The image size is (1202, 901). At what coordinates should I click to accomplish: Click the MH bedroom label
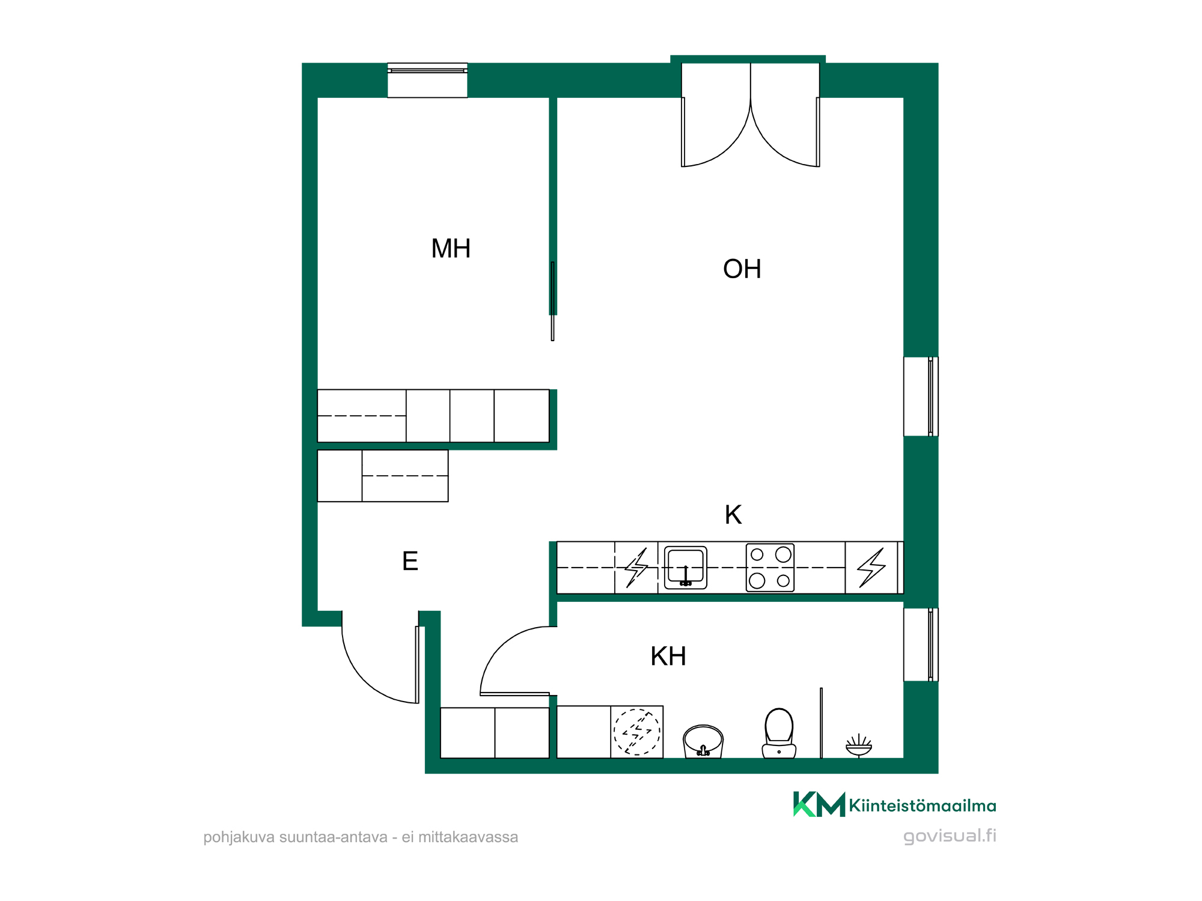451,249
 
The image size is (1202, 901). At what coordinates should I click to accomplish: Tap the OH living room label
742,269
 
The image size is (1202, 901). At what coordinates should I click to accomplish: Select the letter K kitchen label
733,515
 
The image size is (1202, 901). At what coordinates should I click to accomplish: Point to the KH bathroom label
668,657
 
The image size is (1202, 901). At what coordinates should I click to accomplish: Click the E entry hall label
410,562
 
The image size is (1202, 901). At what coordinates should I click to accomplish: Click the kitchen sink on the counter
686,568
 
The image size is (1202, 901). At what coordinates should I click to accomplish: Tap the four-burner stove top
770,568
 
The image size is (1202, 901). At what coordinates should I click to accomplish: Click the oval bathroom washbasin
703,741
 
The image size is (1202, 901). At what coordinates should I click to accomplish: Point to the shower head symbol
859,745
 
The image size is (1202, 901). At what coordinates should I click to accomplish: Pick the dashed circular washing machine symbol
637,732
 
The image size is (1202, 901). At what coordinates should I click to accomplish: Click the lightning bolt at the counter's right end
871,568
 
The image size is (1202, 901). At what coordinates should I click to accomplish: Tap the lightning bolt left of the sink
636,568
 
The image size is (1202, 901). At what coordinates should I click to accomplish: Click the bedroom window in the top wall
427,80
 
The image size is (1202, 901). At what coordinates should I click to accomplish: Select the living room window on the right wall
921,396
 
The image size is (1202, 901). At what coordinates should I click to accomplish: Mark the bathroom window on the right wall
921,645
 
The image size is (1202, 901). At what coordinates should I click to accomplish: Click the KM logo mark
819,804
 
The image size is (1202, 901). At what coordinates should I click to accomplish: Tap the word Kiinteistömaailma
923,805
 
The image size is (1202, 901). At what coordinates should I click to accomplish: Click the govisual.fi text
950,836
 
